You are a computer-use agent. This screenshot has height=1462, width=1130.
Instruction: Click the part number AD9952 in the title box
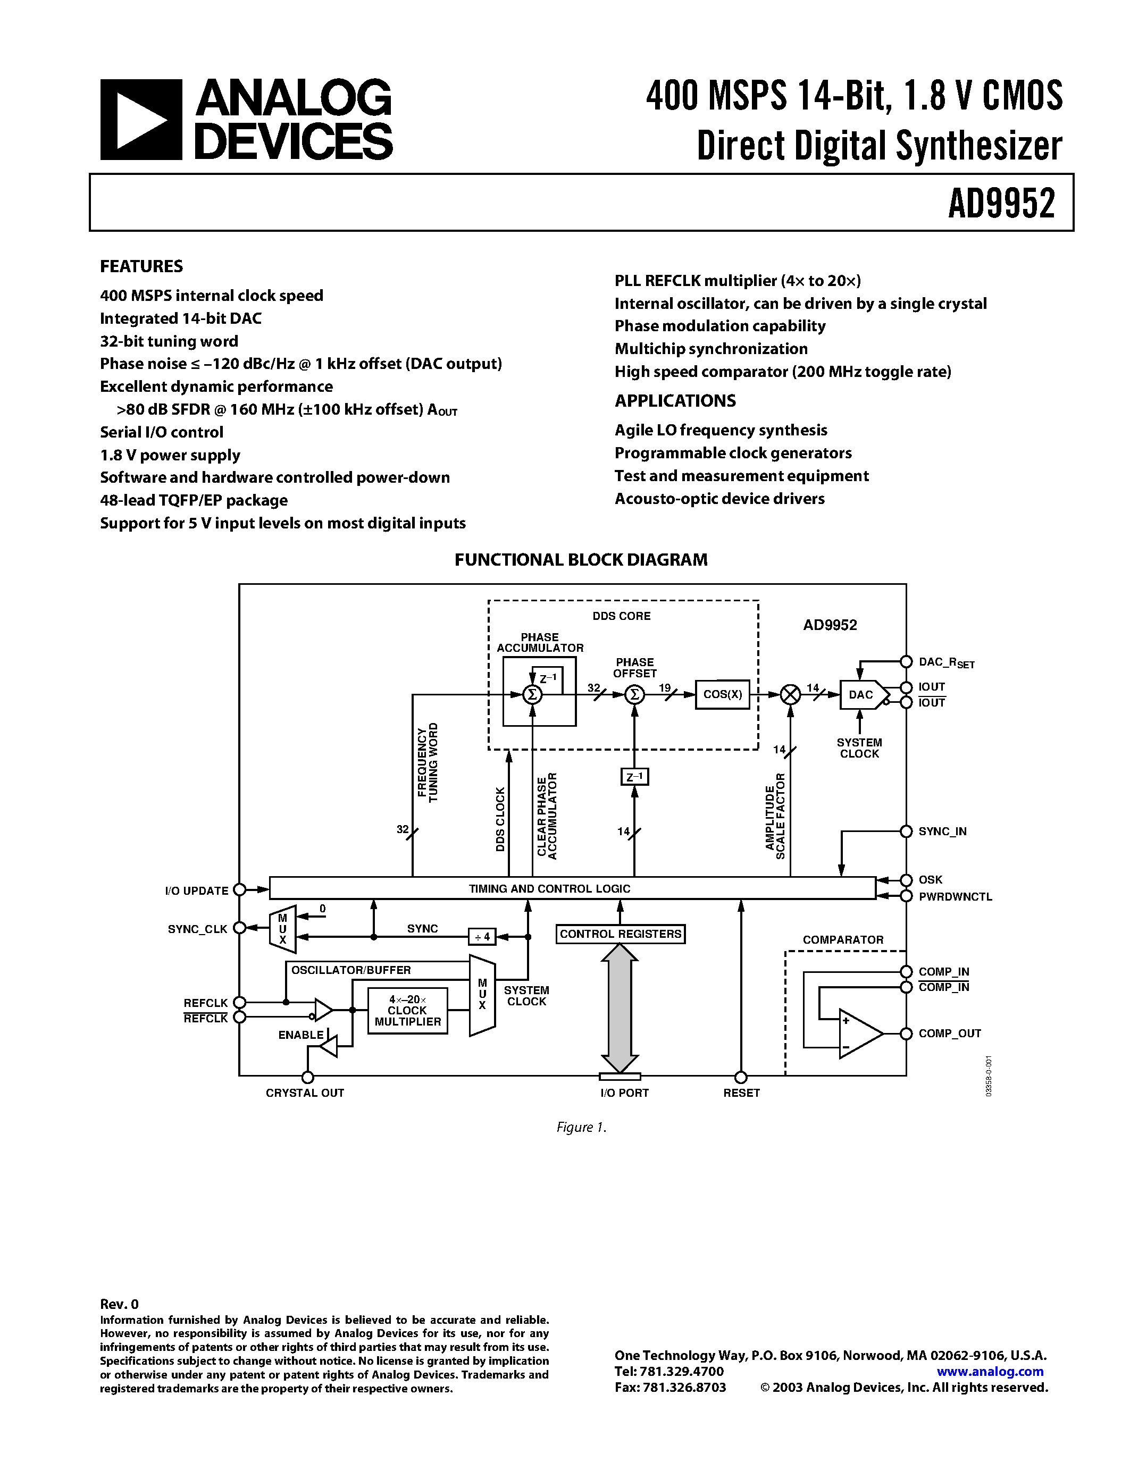(1001, 204)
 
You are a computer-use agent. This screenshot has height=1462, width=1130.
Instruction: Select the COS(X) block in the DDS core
(722, 694)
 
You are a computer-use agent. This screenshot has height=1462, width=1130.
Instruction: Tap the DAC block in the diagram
(862, 695)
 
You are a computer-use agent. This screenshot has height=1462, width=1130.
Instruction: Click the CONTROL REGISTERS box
(620, 934)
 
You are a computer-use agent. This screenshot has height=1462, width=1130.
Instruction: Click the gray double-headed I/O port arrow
(620, 1008)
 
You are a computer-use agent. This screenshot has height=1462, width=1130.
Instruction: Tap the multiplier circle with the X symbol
(791, 695)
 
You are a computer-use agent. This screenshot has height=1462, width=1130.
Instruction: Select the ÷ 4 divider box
(482, 937)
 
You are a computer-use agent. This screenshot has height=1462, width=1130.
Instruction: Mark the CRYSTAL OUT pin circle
(308, 1077)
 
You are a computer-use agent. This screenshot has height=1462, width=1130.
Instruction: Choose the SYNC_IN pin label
(942, 831)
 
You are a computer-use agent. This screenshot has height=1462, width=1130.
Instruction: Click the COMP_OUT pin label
(949, 1034)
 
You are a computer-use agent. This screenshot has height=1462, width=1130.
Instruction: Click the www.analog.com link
(990, 1371)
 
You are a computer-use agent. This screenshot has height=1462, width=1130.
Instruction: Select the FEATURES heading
(141, 266)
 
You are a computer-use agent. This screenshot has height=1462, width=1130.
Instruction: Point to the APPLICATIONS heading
(675, 401)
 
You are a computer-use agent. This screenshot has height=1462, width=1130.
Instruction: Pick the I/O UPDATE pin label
(196, 891)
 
